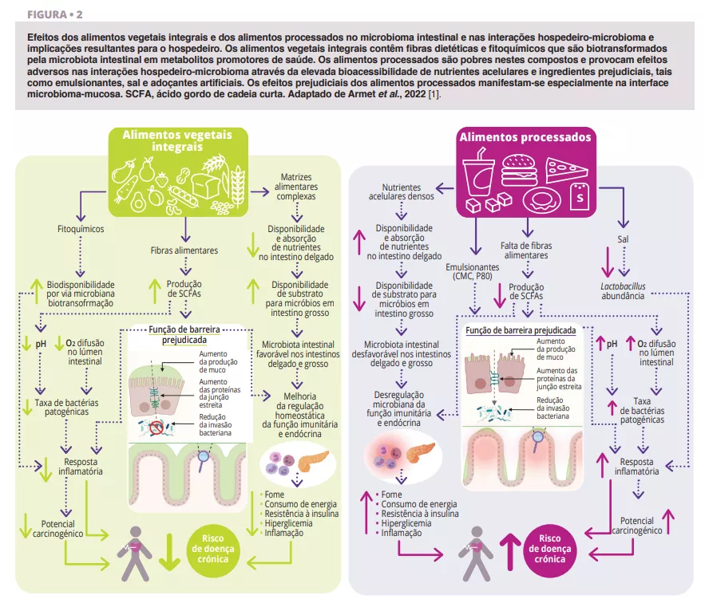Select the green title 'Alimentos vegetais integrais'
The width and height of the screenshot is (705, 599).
177,141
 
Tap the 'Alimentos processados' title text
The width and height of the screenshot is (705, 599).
525,136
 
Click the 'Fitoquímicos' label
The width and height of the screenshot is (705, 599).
81,229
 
